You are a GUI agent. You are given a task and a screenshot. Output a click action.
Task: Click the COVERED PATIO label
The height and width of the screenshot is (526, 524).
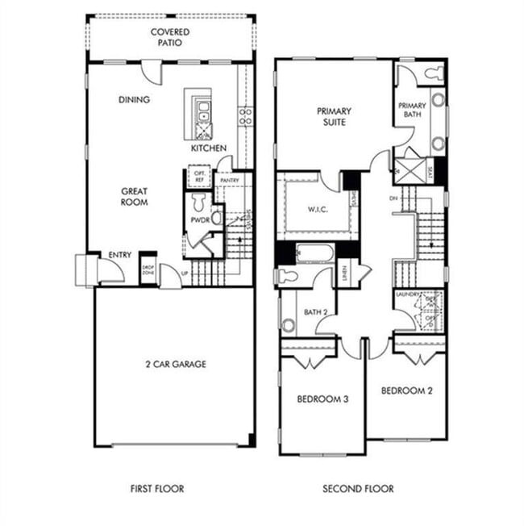[170, 37]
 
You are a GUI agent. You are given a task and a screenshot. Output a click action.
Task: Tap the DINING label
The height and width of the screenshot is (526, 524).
[134, 99]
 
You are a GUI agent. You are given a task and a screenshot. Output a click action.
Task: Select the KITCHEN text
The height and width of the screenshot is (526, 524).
[208, 148]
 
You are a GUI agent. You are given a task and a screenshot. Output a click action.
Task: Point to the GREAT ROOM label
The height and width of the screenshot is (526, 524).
[134, 197]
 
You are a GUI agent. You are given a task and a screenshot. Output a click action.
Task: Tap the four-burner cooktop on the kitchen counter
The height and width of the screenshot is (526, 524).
[245, 115]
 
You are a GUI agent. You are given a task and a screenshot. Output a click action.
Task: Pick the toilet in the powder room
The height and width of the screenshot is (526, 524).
[216, 216]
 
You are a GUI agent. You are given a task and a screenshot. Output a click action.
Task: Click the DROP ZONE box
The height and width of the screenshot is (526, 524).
[148, 269]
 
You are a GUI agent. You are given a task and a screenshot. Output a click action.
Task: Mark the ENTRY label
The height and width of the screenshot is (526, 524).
[119, 255]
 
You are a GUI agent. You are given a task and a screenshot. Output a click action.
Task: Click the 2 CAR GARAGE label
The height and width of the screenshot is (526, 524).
[173, 364]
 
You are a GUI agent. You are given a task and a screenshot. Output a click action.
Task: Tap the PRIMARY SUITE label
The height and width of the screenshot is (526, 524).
[332, 117]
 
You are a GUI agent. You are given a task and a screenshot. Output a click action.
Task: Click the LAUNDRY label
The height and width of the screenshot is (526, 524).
[407, 295]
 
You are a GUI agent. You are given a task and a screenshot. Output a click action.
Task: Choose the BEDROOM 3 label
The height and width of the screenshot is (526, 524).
[322, 399]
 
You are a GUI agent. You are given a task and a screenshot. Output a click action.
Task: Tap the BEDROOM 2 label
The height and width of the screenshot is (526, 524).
[407, 391]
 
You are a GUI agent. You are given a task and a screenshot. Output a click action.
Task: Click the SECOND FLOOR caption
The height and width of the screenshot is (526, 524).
[359, 488]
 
